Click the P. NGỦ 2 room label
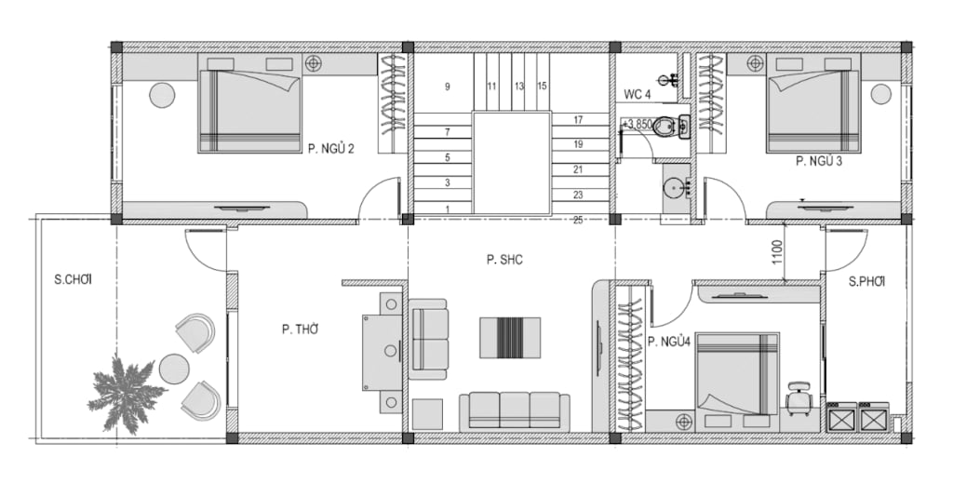330,149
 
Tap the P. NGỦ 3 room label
819,162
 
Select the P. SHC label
504,260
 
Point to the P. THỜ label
301,329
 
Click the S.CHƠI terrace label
76,280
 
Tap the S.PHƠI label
866,281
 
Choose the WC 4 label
637,95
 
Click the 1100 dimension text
777,253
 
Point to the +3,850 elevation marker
637,124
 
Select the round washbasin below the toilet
676,187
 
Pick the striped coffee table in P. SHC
510,337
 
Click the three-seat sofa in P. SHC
514,412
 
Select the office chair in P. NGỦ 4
799,398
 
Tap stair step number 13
519,87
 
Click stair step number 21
578,169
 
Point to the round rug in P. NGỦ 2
162,95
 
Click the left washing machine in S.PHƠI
841,417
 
